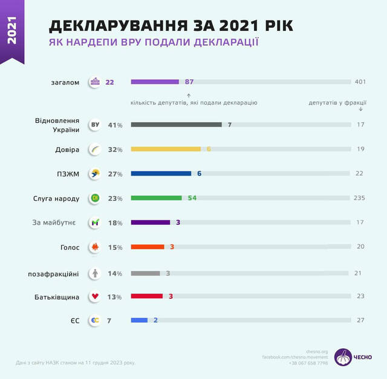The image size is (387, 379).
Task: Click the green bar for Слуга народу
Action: point(156,198)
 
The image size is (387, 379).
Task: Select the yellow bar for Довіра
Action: point(165,149)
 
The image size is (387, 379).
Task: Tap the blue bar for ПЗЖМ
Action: point(161,174)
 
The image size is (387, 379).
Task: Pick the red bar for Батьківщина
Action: point(146,297)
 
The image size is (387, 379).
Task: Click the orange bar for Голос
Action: point(148,248)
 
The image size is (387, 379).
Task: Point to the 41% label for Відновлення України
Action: point(115,125)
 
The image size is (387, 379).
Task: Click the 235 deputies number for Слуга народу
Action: point(359,198)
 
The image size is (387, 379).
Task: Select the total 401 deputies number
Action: point(361,82)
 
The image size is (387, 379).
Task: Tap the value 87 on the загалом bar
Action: point(189,82)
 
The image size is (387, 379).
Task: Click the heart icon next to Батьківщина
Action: point(94,297)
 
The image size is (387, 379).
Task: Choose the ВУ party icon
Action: point(94,125)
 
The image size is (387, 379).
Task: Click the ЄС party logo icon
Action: point(94,321)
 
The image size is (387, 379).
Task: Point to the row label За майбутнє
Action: point(54,223)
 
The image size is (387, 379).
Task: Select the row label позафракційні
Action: point(53,272)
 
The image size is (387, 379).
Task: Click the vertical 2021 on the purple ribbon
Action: point(13,31)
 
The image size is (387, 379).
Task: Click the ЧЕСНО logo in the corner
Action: point(353,357)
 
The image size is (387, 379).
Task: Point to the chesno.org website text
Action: point(317,352)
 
